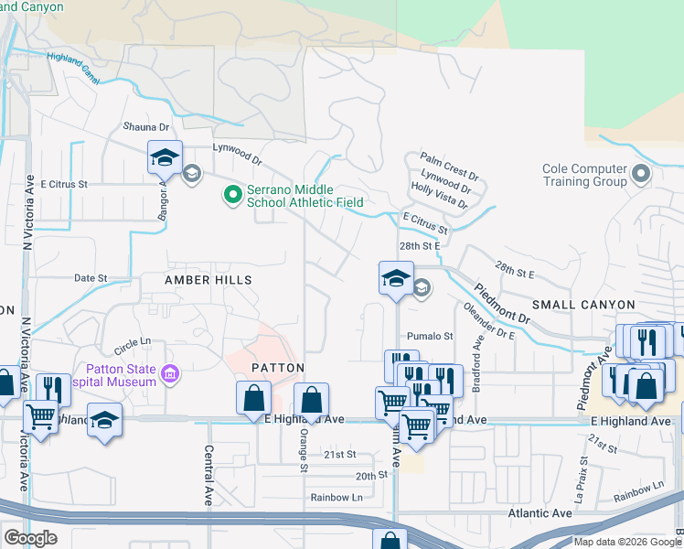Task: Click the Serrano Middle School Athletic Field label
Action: (305, 195)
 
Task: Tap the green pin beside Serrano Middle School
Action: (232, 194)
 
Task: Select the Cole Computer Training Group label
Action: (584, 175)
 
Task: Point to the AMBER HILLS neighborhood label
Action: (208, 279)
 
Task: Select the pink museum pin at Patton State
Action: (168, 372)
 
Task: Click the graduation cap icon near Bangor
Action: (165, 158)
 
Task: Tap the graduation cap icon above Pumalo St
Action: (396, 278)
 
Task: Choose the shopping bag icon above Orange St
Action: (311, 400)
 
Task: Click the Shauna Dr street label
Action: (146, 127)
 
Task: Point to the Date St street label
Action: (91, 277)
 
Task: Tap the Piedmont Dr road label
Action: (502, 302)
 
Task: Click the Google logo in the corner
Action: (30, 538)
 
